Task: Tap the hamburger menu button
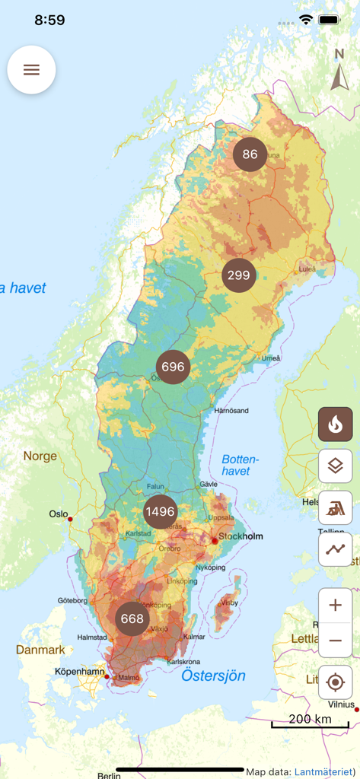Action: pyautogui.click(x=31, y=69)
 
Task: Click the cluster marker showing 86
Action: pyautogui.click(x=250, y=154)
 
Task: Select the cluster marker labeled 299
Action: pyautogui.click(x=239, y=275)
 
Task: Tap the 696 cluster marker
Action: pyautogui.click(x=173, y=367)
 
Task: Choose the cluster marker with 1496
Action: pyautogui.click(x=160, y=511)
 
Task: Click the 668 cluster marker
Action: pyautogui.click(x=132, y=618)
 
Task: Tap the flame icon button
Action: pyautogui.click(x=335, y=424)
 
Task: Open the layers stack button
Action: pyautogui.click(x=335, y=466)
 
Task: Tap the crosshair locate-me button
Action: pyautogui.click(x=335, y=682)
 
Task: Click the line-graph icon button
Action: pyautogui.click(x=335, y=548)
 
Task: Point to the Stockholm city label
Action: pyautogui.click(x=241, y=536)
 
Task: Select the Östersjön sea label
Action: pyautogui.click(x=213, y=676)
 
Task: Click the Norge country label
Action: pyautogui.click(x=40, y=456)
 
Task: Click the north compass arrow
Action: pyautogui.click(x=339, y=70)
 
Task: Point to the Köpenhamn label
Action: pyautogui.click(x=79, y=672)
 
